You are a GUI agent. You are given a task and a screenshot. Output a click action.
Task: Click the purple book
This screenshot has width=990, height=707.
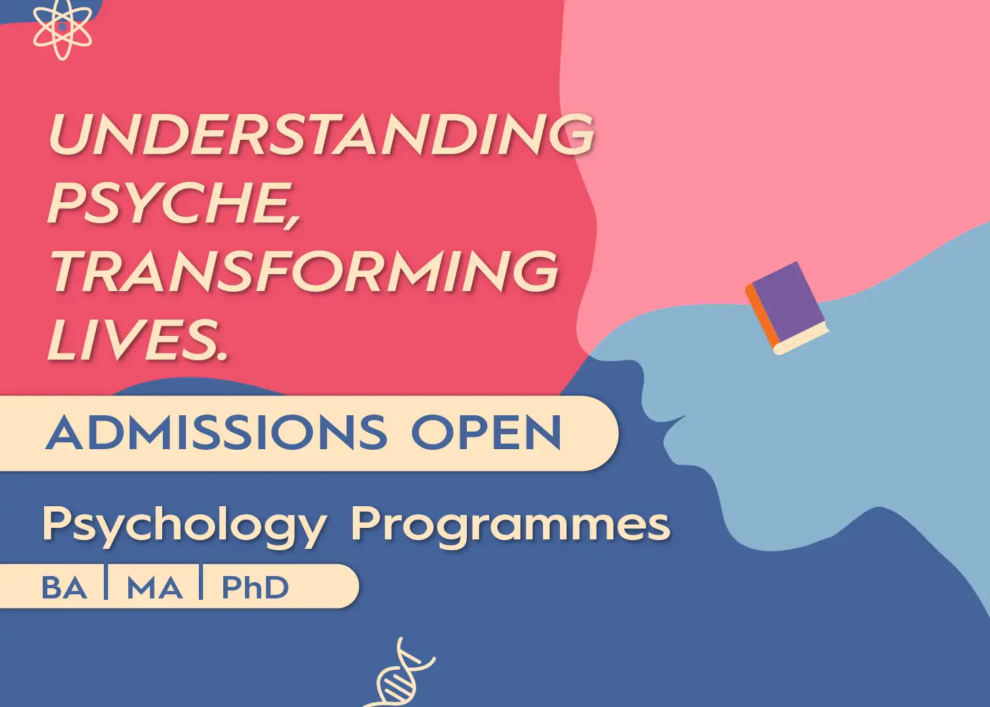point(786,308)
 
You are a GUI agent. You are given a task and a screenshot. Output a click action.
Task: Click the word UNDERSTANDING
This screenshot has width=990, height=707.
point(321,133)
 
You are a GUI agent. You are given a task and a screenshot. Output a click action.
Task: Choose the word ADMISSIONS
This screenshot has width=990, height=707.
point(216,432)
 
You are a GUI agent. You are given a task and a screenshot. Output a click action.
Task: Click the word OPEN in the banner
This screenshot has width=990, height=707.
point(487,432)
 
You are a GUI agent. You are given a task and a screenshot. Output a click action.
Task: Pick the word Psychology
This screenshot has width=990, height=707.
point(185,527)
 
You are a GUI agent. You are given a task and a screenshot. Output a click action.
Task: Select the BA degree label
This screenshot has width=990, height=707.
point(64,588)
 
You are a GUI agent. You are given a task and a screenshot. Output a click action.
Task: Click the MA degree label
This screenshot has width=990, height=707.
point(155,588)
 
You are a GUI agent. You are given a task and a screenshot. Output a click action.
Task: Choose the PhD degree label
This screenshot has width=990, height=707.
point(255,588)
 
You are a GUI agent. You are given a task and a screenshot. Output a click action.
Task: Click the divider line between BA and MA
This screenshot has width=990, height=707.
point(106,582)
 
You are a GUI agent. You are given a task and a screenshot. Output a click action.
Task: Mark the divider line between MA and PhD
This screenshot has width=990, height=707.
point(201,582)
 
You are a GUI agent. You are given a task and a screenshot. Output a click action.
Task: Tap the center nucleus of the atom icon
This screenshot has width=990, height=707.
point(62,27)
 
